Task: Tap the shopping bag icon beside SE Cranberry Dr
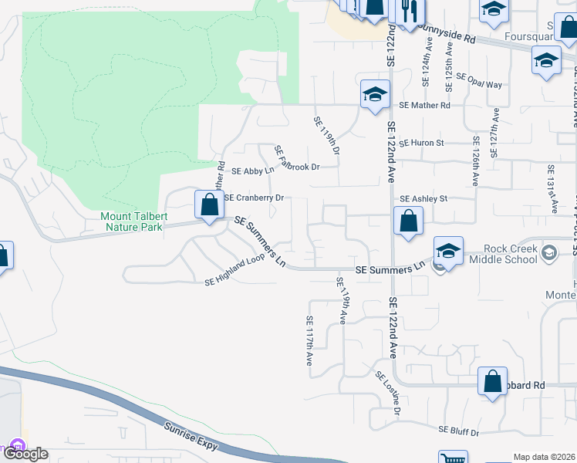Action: tap(208, 205)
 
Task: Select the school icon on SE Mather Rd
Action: tap(375, 96)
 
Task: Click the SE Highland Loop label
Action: tap(235, 272)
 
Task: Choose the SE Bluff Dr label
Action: tap(459, 431)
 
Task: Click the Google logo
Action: tap(25, 454)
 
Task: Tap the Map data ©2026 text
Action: tap(544, 457)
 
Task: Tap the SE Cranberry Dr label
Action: tap(254, 198)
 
